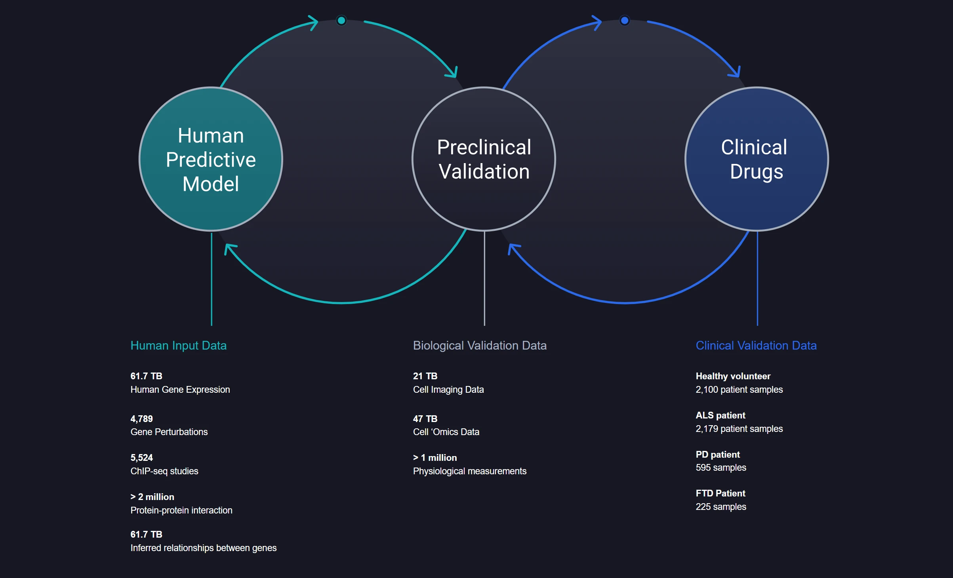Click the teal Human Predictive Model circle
point(211,159)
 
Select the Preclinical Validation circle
point(484,159)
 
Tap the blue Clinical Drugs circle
point(757,159)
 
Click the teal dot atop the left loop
point(341,20)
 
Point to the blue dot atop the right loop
point(624,20)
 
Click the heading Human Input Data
point(178,346)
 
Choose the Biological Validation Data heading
point(479,346)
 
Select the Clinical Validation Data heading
point(756,346)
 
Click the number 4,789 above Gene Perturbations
point(141,419)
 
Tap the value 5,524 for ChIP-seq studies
point(141,458)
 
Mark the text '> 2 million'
point(152,497)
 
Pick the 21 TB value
point(425,376)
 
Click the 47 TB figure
point(425,419)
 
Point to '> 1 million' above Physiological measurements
point(435,458)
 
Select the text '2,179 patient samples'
point(739,429)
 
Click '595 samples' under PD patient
point(720,468)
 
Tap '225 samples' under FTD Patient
point(720,507)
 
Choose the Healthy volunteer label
point(733,376)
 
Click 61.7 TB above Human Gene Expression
point(146,376)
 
